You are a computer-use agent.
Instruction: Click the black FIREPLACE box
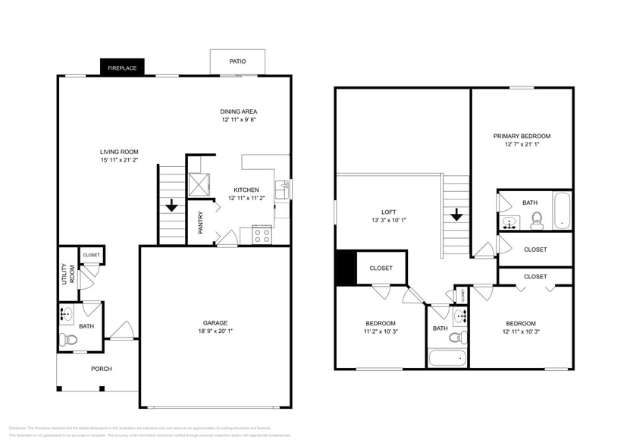[121, 68]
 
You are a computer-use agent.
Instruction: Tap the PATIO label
[237, 62]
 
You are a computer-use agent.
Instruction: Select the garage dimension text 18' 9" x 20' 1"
[215, 331]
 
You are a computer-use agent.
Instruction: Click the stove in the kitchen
[262, 235]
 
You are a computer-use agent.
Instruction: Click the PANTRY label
[200, 222]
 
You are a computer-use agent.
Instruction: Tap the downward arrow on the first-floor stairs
[172, 204]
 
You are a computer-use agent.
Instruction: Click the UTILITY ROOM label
[66, 274]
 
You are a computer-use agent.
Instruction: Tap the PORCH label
[102, 369]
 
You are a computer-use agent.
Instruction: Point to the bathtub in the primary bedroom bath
[561, 211]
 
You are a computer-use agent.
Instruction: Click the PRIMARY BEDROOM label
[522, 136]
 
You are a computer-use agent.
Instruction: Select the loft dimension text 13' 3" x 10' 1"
[388, 221]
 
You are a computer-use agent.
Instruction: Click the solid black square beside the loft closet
[345, 268]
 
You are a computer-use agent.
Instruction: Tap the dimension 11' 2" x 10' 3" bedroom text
[380, 331]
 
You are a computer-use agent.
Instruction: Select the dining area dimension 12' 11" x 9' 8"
[239, 120]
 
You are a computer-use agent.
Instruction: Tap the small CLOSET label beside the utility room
[92, 255]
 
